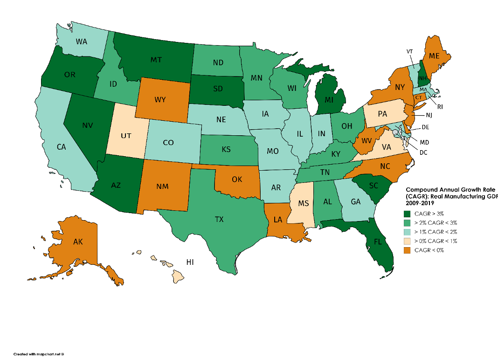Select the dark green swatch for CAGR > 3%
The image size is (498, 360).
(408, 214)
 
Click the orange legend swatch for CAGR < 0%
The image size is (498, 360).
(408, 251)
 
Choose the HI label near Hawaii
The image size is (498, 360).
(190, 262)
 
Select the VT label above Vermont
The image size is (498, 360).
(409, 52)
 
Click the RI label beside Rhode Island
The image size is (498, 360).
(439, 106)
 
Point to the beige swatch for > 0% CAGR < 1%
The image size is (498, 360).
(408, 242)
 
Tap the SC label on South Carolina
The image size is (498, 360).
(373, 185)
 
